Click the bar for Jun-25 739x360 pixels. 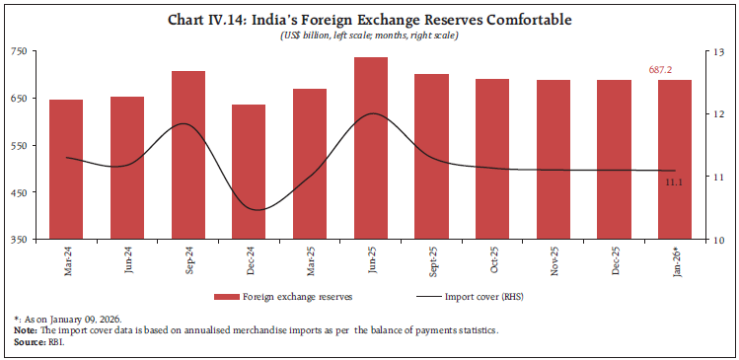click(371, 148)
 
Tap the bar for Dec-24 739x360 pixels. click(249, 172)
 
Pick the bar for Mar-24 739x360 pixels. click(66, 169)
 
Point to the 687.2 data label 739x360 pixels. click(675, 71)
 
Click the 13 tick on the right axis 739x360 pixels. click(714, 50)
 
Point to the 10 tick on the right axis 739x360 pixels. click(714, 240)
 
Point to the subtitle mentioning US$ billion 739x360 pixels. click(368, 36)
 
